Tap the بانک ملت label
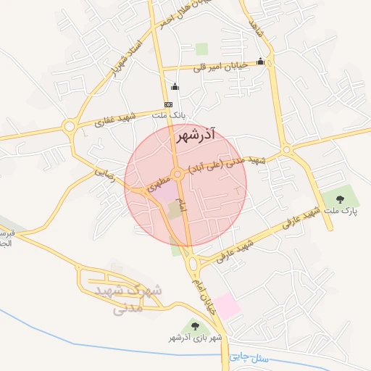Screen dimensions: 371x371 (x=174, y=114)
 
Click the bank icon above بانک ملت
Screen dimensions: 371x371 (x=168, y=105)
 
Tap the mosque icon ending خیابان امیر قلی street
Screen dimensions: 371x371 (x=259, y=62)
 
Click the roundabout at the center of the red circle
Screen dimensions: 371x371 (x=178, y=172)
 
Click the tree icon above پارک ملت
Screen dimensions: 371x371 (x=341, y=197)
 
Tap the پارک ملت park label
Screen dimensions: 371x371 (x=341, y=211)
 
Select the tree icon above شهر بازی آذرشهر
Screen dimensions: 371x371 (x=194, y=326)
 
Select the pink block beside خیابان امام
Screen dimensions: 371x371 (x=227, y=307)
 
